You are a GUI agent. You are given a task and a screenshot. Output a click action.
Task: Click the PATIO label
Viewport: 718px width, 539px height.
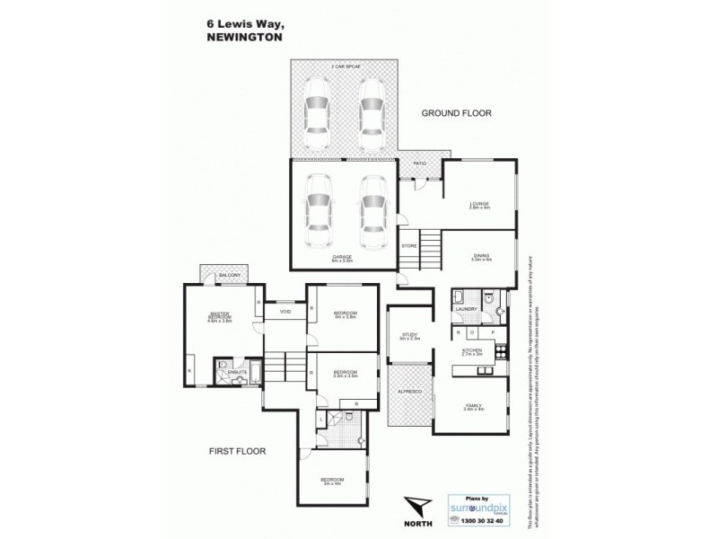tap(419, 163)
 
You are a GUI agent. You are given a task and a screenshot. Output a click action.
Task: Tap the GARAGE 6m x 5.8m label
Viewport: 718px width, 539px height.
tap(342, 258)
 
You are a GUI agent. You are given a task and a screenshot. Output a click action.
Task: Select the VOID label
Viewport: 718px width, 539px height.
tap(285, 312)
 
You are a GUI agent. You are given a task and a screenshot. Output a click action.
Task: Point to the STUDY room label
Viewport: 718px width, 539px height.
tap(409, 336)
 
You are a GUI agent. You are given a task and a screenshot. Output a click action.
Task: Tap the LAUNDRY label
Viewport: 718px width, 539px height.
tap(466, 309)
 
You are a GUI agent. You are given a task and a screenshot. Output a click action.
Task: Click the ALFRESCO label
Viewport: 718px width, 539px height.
tap(409, 392)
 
